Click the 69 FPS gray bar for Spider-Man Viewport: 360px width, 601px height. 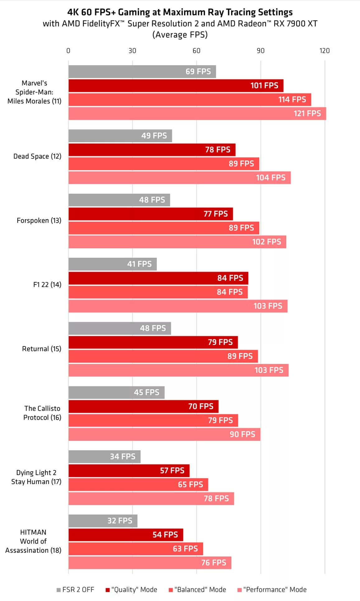[142, 72]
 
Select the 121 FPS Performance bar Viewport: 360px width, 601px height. [197, 114]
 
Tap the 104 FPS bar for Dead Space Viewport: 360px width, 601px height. [179, 178]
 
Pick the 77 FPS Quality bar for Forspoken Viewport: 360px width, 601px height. [150, 214]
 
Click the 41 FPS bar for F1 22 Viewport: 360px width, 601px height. [112, 264]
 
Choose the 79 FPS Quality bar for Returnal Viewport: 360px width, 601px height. [153, 342]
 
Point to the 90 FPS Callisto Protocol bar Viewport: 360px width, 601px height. [164, 434]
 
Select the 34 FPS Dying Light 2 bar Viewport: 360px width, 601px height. [104, 457]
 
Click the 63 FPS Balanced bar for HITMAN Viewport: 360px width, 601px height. [135, 549]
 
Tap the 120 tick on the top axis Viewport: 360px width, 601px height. [324, 51]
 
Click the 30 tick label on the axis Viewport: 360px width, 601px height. [132, 51]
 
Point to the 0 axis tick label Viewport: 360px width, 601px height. [68, 51]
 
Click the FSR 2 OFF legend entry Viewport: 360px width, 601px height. [75, 589]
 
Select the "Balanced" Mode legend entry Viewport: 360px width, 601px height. [197, 589]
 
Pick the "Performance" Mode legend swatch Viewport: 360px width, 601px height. [239, 590]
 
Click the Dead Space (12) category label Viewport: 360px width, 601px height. [37, 156]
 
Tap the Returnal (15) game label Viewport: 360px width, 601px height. [42, 349]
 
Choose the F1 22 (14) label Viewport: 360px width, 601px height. [47, 285]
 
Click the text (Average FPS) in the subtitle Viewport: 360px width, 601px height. [180, 35]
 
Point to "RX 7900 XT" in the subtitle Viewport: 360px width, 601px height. [296, 24]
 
